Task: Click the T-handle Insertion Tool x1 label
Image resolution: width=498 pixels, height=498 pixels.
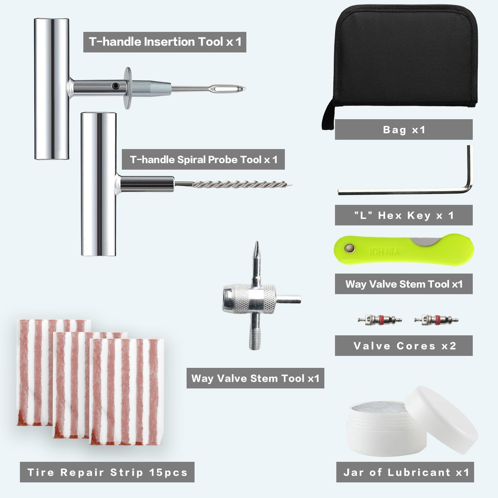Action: [x=165, y=42]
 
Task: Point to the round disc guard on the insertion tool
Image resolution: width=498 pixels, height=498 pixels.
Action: [x=128, y=88]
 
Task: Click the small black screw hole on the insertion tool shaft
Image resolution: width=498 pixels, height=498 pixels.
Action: [x=115, y=86]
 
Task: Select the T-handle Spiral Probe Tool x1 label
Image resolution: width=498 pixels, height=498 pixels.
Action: [x=203, y=160]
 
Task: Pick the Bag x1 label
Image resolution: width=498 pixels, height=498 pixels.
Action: [x=403, y=130]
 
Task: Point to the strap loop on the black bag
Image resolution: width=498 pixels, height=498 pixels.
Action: [x=328, y=116]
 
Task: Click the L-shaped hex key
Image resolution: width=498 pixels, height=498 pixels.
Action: [x=405, y=191]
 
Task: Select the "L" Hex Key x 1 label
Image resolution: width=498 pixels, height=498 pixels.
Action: [x=403, y=215]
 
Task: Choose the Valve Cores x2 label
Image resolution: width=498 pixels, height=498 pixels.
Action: [x=403, y=346]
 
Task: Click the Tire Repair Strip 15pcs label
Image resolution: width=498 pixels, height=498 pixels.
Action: [x=107, y=472]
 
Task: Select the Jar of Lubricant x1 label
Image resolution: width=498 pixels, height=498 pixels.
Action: [x=405, y=472]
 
